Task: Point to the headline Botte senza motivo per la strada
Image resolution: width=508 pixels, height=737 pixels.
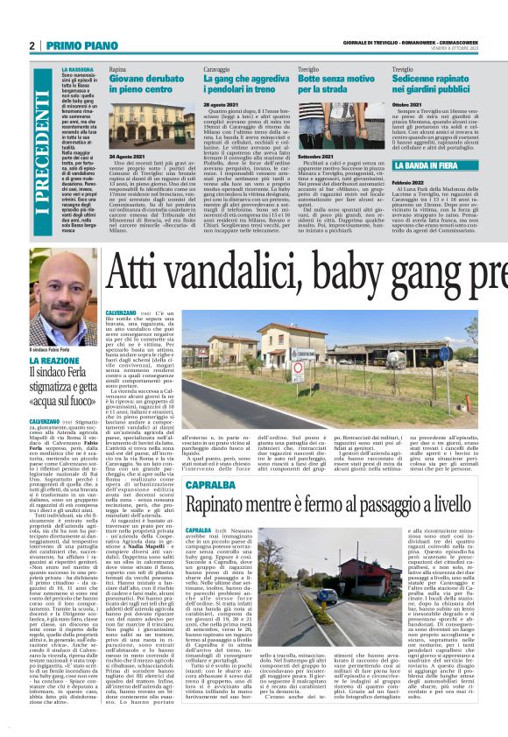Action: pos(336,84)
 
